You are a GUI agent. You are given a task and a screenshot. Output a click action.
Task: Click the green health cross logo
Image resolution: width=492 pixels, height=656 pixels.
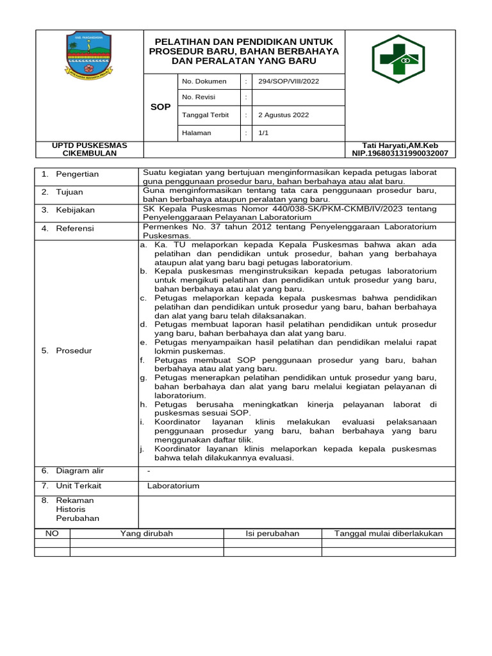[400, 59]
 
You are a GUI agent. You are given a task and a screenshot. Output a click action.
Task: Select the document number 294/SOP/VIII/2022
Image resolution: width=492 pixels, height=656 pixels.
[288, 81]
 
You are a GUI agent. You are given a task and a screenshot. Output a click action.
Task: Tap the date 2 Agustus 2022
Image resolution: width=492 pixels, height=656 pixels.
[283, 115]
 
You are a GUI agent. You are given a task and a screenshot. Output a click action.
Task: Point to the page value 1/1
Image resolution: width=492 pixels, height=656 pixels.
[263, 133]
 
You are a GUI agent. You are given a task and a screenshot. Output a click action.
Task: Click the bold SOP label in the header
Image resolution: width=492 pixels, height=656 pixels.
[160, 107]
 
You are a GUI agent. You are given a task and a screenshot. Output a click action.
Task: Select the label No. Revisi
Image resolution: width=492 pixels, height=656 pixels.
[199, 97]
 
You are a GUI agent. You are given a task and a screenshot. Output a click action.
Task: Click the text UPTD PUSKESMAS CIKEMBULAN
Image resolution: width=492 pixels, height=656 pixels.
[89, 149]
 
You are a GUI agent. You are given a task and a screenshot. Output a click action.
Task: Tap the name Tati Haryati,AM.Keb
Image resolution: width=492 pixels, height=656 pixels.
[400, 145]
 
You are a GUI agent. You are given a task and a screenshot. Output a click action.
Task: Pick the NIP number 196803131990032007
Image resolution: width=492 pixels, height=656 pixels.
[400, 154]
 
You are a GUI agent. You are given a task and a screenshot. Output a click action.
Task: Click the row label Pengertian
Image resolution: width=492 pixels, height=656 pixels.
[77, 174]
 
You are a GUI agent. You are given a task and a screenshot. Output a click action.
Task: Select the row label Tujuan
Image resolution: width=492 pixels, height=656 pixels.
[69, 192]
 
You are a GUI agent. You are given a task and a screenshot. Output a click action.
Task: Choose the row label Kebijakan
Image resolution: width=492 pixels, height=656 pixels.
[75, 210]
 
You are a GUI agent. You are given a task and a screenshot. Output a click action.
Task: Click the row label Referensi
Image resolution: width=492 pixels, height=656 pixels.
[75, 228]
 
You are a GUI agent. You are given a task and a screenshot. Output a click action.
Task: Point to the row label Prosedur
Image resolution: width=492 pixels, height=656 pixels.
[74, 351]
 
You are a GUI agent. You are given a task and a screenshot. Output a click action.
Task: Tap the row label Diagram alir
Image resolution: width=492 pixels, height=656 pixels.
[79, 471]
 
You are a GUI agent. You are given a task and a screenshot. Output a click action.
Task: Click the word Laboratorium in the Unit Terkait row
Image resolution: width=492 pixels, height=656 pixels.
[173, 486]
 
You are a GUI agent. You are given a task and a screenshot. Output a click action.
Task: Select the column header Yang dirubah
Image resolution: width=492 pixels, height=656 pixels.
[147, 534]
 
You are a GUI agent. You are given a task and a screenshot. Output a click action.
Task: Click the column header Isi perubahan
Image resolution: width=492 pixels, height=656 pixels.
[272, 534]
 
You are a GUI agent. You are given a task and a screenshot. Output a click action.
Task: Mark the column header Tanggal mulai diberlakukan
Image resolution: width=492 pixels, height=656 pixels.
[388, 534]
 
